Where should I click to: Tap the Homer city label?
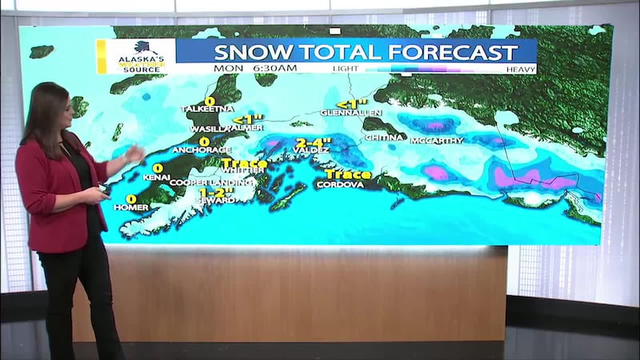(x=131, y=207)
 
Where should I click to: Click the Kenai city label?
(x=156, y=177)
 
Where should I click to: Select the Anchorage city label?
(x=206, y=150)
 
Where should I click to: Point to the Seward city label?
(x=217, y=200)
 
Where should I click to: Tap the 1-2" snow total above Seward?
(x=215, y=192)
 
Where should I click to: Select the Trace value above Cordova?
(x=347, y=174)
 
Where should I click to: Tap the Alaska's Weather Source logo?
(x=139, y=56)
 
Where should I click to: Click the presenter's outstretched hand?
(x=134, y=154)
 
